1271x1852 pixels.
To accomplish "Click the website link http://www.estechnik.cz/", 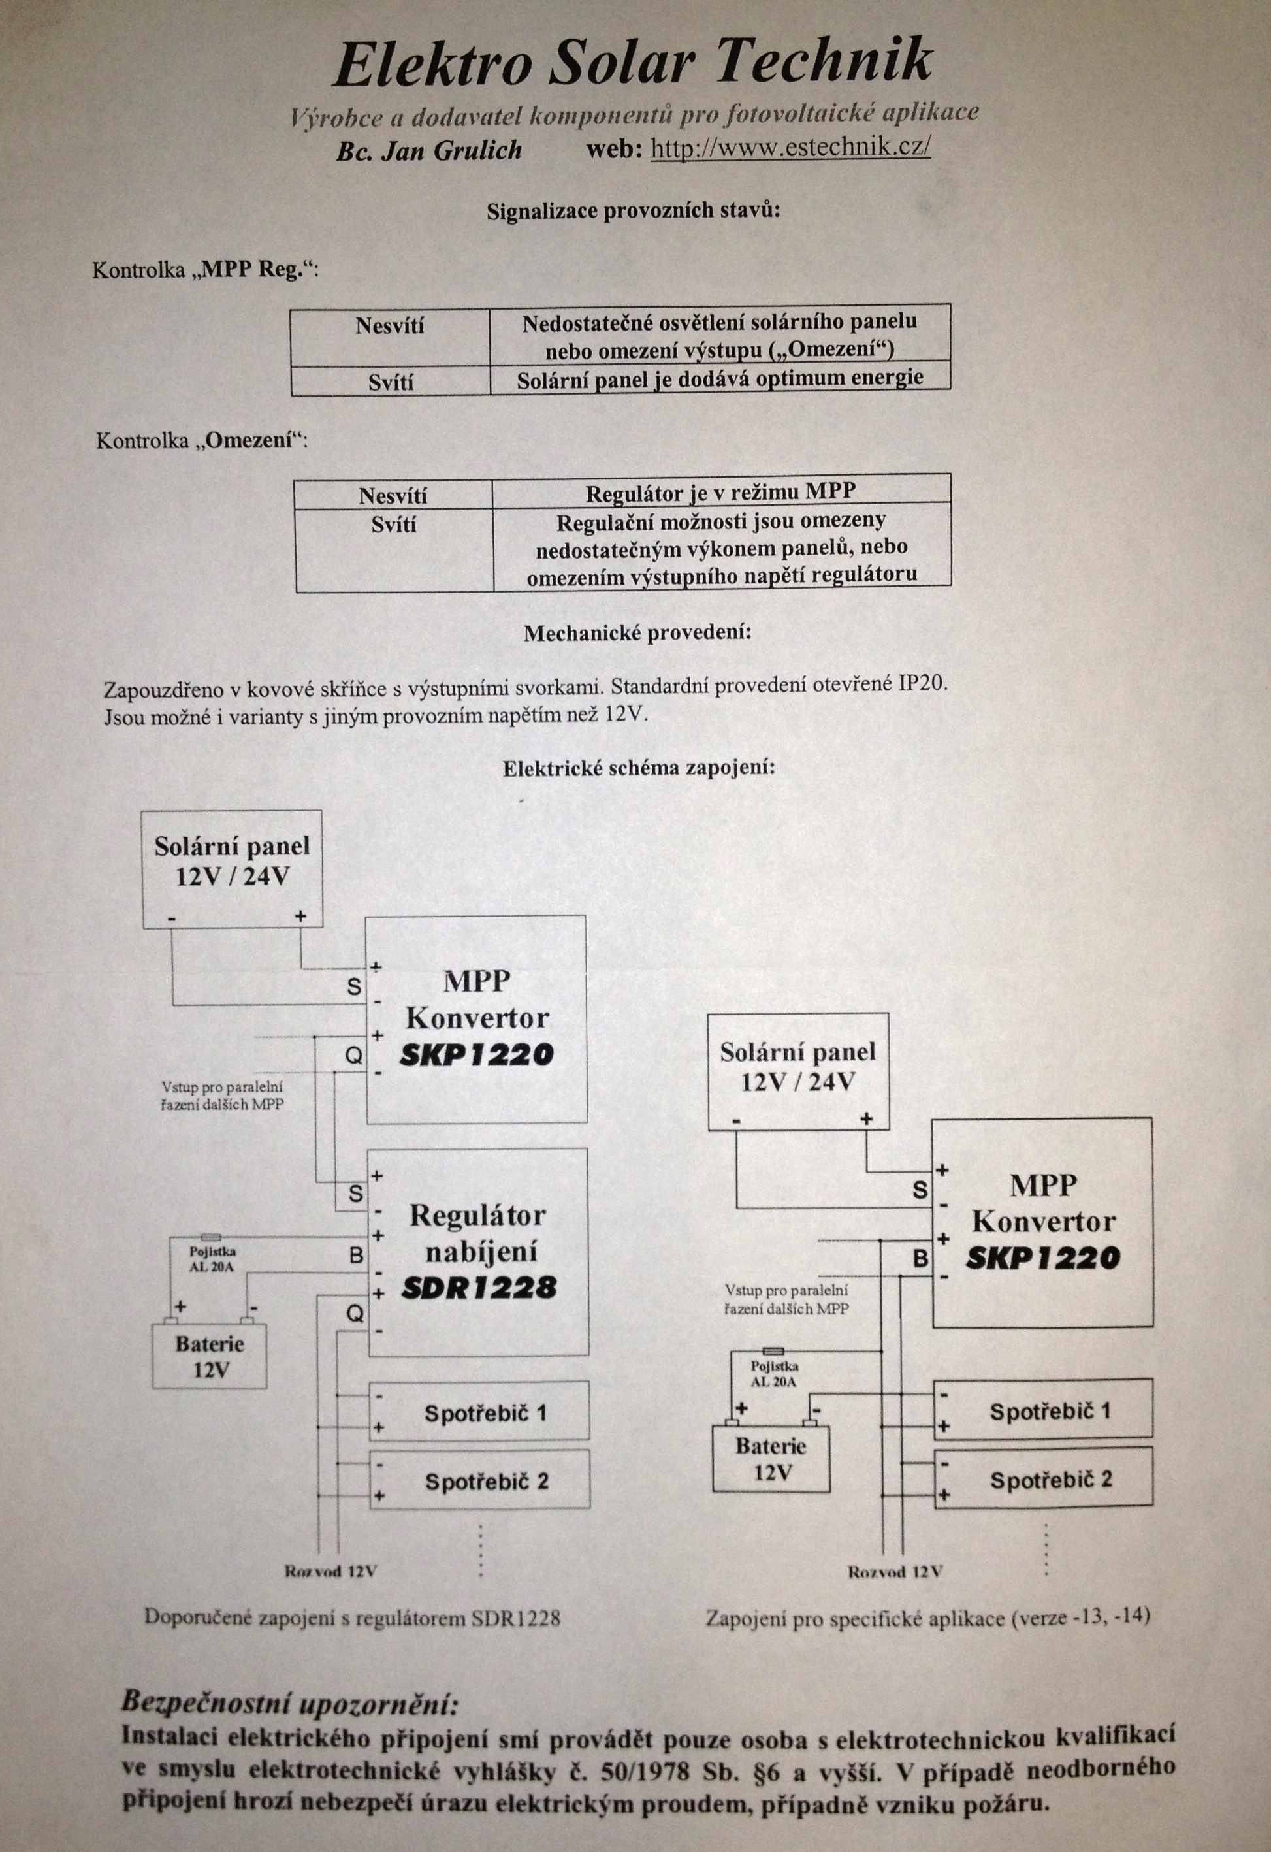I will click(790, 148).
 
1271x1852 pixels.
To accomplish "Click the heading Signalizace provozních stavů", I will click(634, 212).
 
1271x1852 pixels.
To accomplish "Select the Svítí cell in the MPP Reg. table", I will click(391, 383).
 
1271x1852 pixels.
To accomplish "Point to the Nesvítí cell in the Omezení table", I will click(393, 496).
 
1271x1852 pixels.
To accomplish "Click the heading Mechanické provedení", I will click(637, 634).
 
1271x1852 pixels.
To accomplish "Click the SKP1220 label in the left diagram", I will click(477, 1054).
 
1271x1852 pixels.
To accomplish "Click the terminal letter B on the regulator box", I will click(356, 1256).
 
